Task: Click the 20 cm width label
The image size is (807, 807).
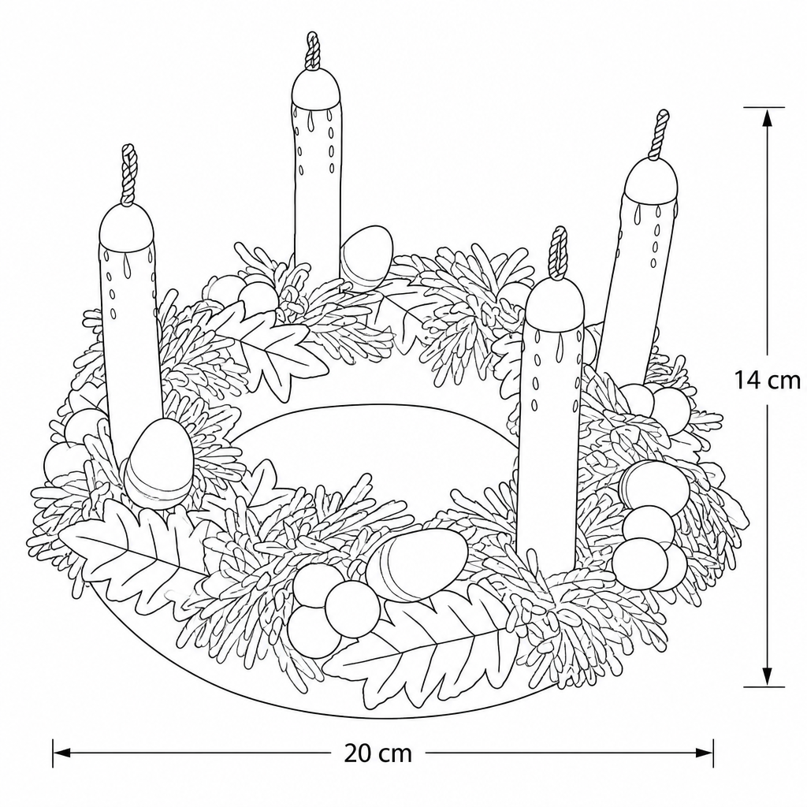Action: coord(377,754)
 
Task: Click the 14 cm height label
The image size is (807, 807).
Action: coord(767,381)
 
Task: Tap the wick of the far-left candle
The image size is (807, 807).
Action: coord(129,174)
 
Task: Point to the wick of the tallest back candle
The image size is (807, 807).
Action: coord(313,50)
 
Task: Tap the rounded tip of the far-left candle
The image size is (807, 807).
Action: coord(127,226)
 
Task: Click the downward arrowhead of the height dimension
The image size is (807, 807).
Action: coord(767,675)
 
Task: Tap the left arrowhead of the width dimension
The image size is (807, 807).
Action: coord(61,753)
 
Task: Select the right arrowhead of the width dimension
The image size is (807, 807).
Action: coord(704,753)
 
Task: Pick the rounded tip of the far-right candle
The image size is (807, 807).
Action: coord(650,180)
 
